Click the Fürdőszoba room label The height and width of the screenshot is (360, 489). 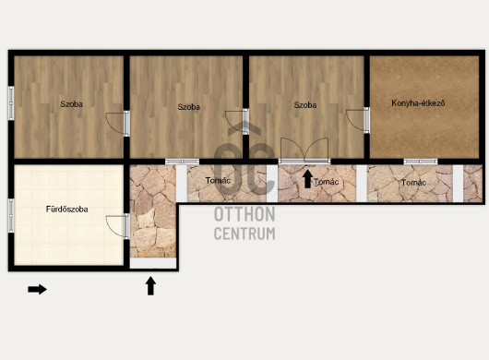click(x=66, y=209)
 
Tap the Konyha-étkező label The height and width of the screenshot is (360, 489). click(x=418, y=103)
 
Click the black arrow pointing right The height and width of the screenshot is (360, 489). click(x=38, y=290)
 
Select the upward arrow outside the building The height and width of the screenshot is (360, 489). click(x=150, y=286)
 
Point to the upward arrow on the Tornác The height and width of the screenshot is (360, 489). click(x=307, y=179)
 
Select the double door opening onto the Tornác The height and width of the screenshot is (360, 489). click(x=304, y=150)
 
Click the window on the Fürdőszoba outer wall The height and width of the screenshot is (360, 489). click(x=11, y=216)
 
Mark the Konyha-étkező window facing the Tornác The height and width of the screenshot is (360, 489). click(x=421, y=162)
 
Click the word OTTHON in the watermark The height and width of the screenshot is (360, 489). click(x=244, y=214)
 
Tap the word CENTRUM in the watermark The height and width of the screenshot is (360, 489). click(x=244, y=234)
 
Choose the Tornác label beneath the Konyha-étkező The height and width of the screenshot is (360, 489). click(x=414, y=183)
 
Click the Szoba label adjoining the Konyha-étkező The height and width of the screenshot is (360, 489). click(x=305, y=105)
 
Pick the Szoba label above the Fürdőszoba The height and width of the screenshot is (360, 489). click(x=71, y=104)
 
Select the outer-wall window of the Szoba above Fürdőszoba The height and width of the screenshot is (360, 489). click(x=11, y=103)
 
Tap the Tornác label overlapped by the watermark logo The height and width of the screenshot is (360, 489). click(x=218, y=180)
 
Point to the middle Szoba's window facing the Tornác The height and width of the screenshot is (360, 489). click(x=182, y=162)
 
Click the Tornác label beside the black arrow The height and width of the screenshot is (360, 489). click(x=327, y=182)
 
